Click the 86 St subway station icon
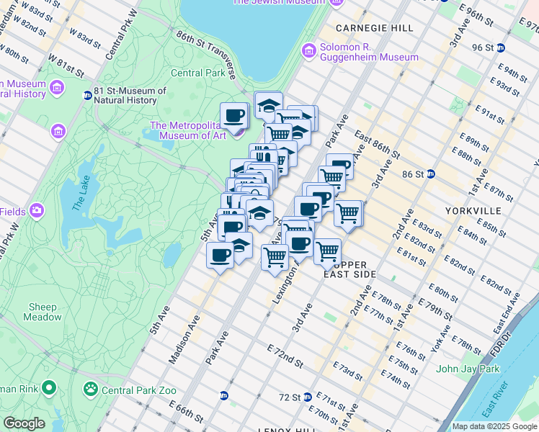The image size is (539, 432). click(431, 174)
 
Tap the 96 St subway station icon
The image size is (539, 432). click(500, 48)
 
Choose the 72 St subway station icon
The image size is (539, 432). click(308, 397)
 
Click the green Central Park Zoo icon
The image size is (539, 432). click(91, 390)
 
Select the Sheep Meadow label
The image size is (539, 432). click(43, 312)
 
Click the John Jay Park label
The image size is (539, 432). click(468, 369)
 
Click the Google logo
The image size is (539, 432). click(24, 423)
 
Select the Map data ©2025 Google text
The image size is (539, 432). click(494, 426)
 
